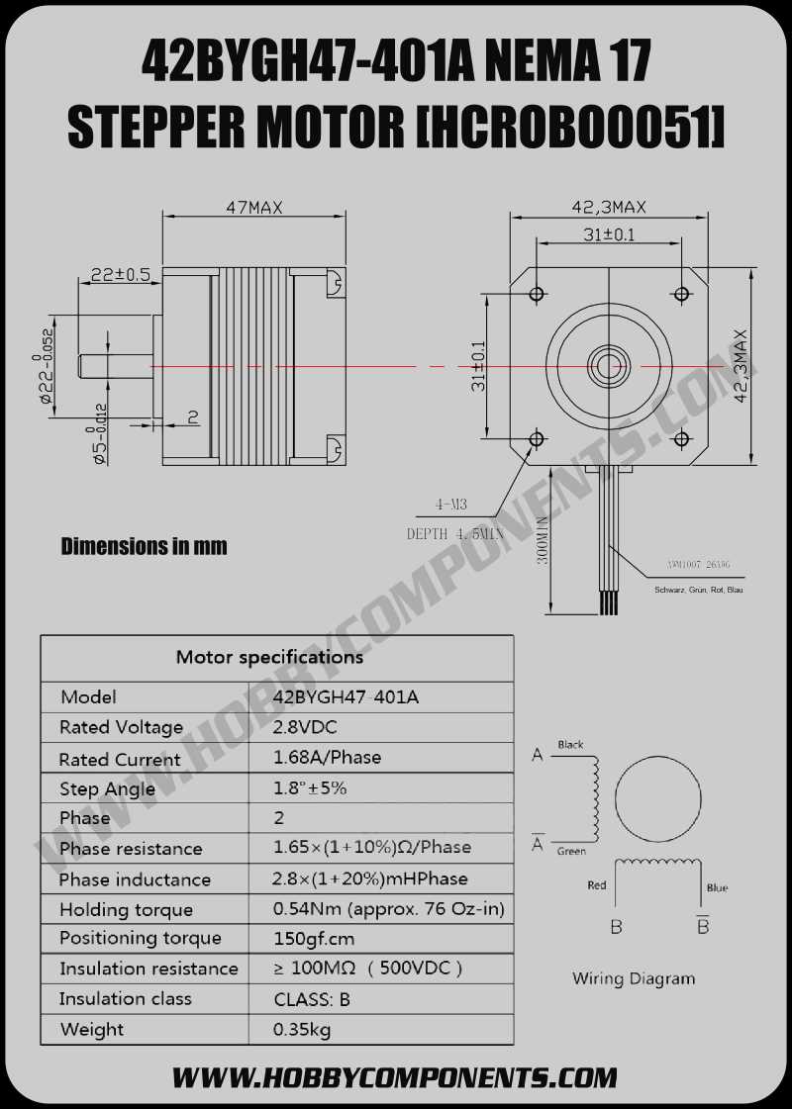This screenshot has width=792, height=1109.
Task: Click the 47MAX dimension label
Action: [254, 208]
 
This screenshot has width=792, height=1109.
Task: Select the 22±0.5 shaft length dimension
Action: [120, 274]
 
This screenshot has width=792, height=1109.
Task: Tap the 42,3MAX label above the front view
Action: [609, 207]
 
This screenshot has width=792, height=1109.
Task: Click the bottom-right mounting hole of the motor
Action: [681, 438]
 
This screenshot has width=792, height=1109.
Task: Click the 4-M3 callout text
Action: [451, 505]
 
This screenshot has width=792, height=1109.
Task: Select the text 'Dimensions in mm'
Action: [144, 546]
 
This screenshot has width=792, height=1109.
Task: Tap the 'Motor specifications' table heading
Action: [269, 657]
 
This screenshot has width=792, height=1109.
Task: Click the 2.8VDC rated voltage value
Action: [305, 727]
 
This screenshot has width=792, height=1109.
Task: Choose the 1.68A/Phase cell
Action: [327, 758]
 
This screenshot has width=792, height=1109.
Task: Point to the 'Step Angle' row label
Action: [107, 788]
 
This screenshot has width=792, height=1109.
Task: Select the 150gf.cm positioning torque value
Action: [314, 939]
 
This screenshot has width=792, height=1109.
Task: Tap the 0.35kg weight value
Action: [302, 1029]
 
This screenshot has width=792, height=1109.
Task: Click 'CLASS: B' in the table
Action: [312, 999]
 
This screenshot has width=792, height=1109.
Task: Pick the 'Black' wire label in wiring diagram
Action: [570, 745]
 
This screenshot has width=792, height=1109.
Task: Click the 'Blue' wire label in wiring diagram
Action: [717, 887]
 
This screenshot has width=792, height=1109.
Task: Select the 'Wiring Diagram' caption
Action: [634, 978]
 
